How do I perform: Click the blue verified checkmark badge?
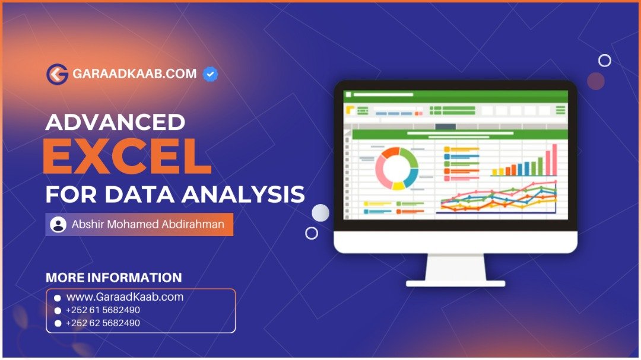pyautogui.click(x=210, y=74)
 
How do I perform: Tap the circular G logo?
pyautogui.click(x=57, y=74)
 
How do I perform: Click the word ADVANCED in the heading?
pyautogui.click(x=115, y=122)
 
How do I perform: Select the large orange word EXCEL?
pyautogui.click(x=127, y=156)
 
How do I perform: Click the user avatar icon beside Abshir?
pyautogui.click(x=58, y=224)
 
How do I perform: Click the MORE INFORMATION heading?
pyautogui.click(x=113, y=278)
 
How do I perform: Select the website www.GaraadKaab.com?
pyautogui.click(x=125, y=297)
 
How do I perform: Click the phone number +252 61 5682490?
pyautogui.click(x=103, y=310)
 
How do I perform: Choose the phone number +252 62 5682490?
pyautogui.click(x=103, y=323)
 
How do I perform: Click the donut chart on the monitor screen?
pyautogui.click(x=397, y=168)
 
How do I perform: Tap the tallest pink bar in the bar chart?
pyautogui.click(x=555, y=160)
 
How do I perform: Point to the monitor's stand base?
pyautogui.click(x=455, y=283)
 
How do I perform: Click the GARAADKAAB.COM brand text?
pyautogui.click(x=135, y=74)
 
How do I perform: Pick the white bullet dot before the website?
pyautogui.click(x=58, y=298)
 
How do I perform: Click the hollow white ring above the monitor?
pyautogui.click(x=605, y=55)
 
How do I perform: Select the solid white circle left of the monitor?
pyautogui.click(x=320, y=213)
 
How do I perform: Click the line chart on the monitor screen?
pyautogui.click(x=499, y=197)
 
